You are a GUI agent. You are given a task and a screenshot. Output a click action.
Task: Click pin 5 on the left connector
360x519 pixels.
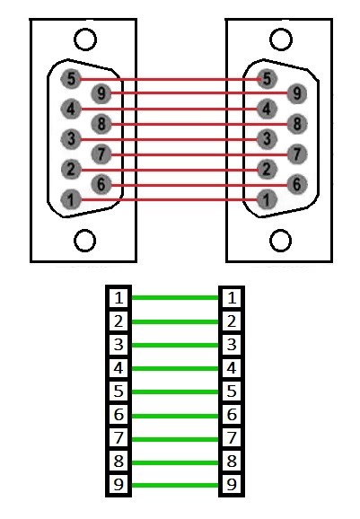[71, 79]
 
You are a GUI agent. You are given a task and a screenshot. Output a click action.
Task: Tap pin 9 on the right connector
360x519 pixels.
[297, 93]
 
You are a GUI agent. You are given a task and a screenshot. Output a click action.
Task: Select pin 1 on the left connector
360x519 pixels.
[71, 199]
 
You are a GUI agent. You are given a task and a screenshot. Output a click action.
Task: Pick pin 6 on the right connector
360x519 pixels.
[297, 184]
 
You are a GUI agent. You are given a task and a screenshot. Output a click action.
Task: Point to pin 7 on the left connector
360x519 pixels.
[101, 154]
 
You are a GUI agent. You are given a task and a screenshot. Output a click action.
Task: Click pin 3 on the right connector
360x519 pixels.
[267, 139]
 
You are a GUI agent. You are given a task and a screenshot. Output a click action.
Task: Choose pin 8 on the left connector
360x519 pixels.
[101, 124]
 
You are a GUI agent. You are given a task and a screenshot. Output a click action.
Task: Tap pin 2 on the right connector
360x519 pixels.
[267, 170]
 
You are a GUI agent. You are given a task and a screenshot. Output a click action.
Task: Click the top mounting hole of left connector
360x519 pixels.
[85, 40]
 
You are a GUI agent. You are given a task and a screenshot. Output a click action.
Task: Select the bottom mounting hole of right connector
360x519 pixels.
[281, 241]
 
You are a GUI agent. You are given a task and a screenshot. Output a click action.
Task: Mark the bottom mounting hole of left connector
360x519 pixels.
[84, 241]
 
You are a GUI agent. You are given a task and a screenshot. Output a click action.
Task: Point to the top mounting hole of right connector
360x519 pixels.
[281, 40]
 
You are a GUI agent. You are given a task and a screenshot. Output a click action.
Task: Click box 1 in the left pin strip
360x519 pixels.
[119, 297]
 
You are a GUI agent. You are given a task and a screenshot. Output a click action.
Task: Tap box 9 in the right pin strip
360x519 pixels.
[232, 485]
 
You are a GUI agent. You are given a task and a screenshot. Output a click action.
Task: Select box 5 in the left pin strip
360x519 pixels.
[119, 391]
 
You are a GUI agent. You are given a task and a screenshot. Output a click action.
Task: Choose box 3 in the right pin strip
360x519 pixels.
[232, 344]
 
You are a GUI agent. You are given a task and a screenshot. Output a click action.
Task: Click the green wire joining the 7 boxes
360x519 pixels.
[175, 440]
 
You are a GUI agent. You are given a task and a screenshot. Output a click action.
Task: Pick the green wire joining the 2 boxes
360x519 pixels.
[175, 321]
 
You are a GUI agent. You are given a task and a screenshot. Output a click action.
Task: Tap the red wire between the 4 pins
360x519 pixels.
[169, 109]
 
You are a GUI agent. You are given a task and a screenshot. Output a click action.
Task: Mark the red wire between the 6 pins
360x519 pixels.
[199, 185]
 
